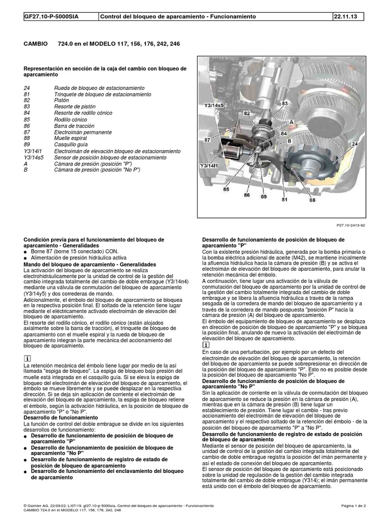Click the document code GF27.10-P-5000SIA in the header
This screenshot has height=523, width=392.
[x=52, y=16]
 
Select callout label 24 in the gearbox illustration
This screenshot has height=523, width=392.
[x=355, y=144]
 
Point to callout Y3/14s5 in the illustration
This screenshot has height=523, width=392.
[x=214, y=105]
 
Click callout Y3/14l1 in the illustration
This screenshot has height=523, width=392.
[x=209, y=166]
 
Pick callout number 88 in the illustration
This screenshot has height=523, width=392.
[x=312, y=200]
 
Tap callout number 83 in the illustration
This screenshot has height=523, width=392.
[x=284, y=103]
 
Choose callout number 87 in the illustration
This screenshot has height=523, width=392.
[x=207, y=140]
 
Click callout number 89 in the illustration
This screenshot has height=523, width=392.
[x=264, y=197]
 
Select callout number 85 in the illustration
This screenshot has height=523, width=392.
[x=226, y=189]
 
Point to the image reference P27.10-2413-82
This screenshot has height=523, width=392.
[x=351, y=225]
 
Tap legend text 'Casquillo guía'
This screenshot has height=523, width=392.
[x=71, y=145]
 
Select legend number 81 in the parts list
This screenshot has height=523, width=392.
[x=27, y=94]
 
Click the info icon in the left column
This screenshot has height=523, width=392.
[x=27, y=359]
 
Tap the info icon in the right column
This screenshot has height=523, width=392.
[x=206, y=345]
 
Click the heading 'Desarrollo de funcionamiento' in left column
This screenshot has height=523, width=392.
[x=61, y=418]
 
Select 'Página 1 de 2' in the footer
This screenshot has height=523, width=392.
[x=353, y=506]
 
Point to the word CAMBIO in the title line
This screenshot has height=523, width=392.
[x=36, y=44]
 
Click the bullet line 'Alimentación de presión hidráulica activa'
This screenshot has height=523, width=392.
[x=79, y=258]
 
